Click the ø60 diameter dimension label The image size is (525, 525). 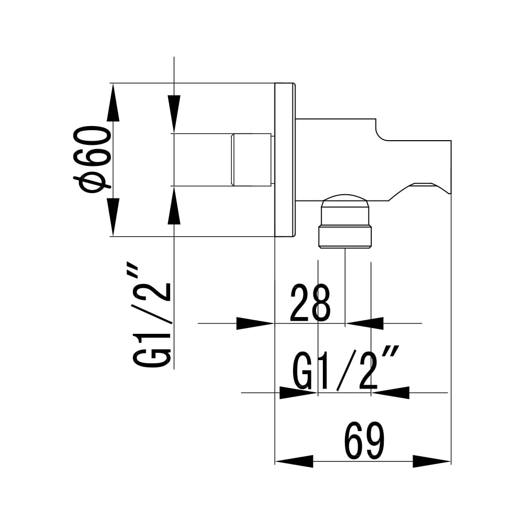(90, 160)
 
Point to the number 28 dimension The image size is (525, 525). (310, 302)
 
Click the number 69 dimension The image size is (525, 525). (365, 441)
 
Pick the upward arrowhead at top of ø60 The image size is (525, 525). (113, 102)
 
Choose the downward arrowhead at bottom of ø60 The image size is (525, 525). (113, 217)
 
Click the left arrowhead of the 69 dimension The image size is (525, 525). (294, 461)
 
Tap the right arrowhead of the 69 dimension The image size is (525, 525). (432, 461)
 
